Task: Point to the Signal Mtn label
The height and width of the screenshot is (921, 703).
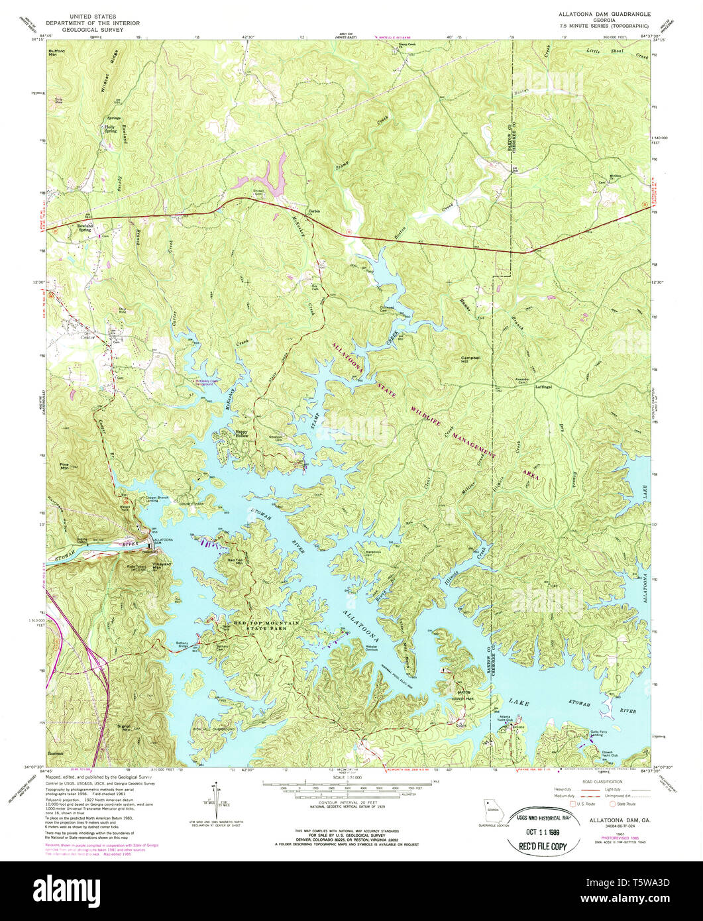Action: (x=124, y=728)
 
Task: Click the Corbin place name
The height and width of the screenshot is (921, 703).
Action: (x=313, y=211)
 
